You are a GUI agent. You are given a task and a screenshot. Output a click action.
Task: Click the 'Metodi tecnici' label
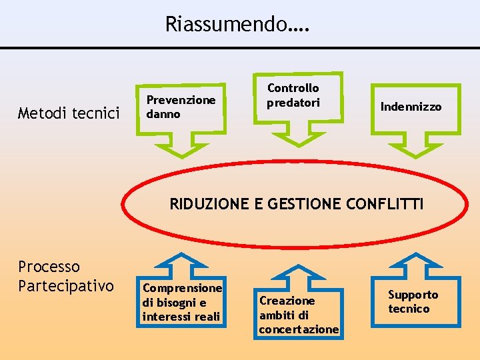[69, 113]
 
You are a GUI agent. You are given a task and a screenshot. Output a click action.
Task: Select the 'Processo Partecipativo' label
[65, 277]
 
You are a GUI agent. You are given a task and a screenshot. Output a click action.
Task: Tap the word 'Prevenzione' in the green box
[181, 100]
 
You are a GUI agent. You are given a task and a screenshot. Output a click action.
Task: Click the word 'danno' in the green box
[163, 114]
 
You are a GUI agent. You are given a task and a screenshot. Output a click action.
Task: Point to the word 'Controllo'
[293, 88]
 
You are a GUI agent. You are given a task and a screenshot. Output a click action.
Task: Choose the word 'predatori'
[293, 102]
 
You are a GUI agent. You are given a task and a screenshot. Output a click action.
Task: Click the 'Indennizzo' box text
[411, 107]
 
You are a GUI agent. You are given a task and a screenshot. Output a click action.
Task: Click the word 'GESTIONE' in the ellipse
[299, 204]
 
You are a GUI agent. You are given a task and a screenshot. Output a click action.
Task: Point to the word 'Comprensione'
[182, 288]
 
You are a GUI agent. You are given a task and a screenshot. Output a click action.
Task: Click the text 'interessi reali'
[181, 315]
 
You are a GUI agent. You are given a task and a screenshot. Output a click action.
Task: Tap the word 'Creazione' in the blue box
[287, 301]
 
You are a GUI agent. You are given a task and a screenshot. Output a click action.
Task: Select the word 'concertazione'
[299, 329]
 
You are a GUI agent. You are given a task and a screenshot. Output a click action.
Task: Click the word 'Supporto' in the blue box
[413, 295]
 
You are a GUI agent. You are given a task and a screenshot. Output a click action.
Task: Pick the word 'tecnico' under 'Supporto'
[409, 309]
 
